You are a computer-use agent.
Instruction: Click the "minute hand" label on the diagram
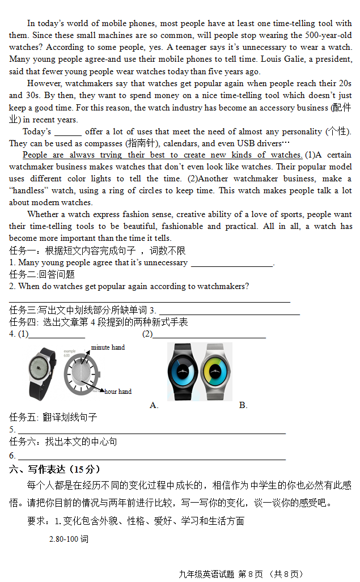(108, 347)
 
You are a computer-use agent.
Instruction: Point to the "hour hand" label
(118, 392)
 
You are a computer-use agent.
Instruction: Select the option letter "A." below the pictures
(154, 405)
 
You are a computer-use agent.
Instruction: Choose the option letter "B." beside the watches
(243, 405)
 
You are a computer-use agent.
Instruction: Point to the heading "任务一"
(23, 250)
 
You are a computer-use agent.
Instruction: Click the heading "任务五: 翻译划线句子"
(53, 417)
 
